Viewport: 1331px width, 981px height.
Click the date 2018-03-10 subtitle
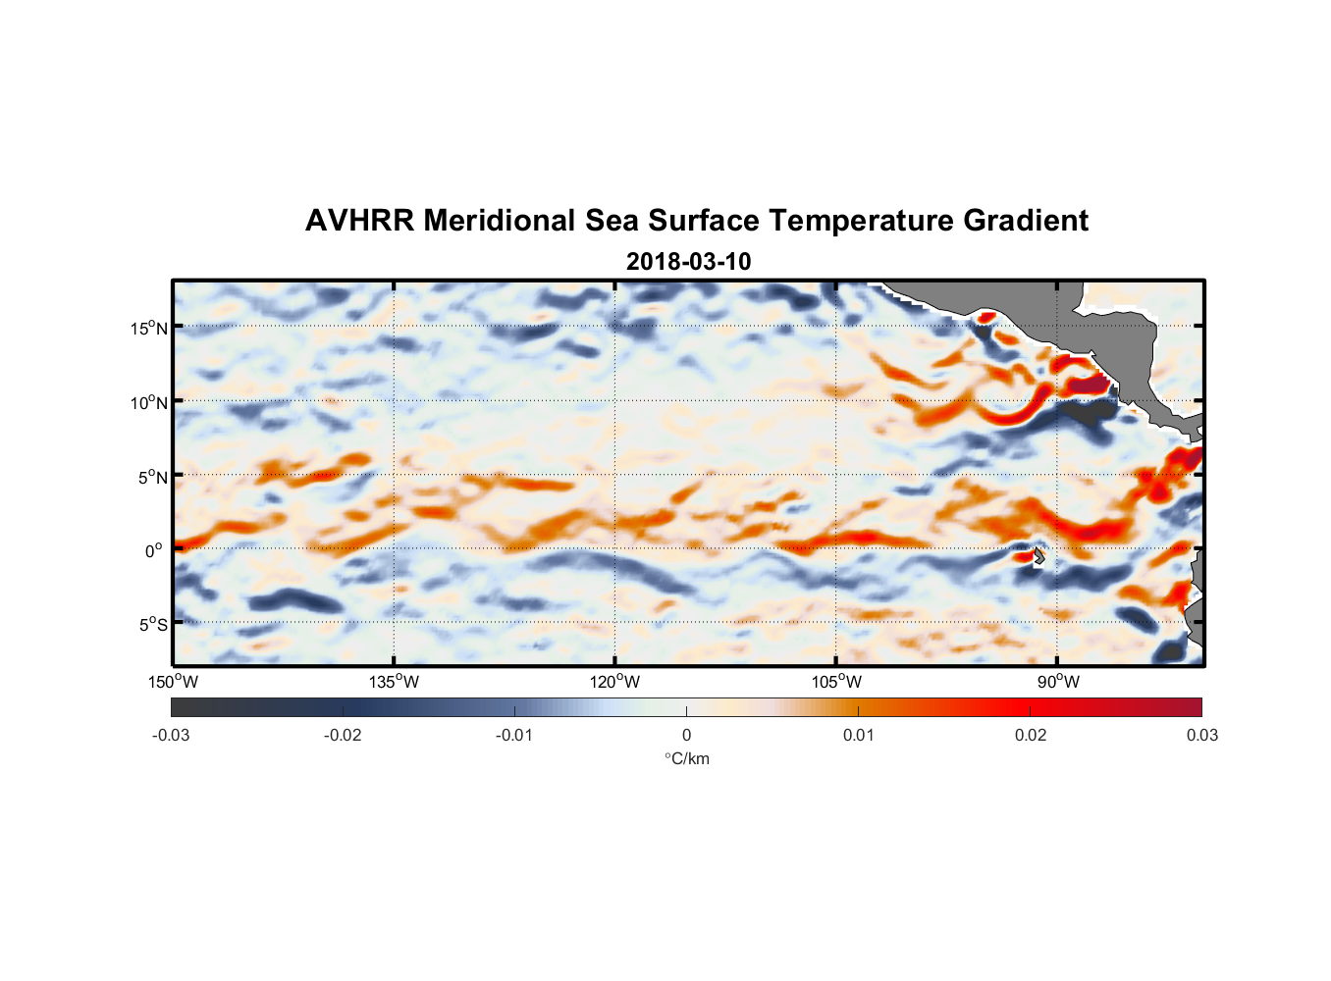[688, 262]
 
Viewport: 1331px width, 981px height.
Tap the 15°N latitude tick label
[149, 328]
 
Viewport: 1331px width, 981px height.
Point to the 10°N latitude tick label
[149, 402]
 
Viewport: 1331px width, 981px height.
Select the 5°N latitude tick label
[152, 477]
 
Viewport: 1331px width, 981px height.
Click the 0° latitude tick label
[154, 550]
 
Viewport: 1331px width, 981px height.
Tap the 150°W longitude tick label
[174, 682]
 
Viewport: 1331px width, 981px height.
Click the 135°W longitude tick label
[395, 682]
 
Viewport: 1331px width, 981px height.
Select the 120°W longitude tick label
[615, 682]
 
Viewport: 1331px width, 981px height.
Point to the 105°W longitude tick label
[836, 682]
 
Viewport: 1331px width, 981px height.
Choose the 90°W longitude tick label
[1058, 682]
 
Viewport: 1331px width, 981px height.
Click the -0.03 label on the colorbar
[171, 735]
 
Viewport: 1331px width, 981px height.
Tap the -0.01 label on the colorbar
[514, 735]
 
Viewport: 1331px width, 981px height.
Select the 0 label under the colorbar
[686, 735]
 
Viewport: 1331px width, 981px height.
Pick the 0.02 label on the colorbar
[1031, 735]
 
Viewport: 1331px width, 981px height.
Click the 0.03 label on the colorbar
[1201, 735]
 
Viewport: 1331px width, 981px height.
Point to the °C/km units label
[686, 758]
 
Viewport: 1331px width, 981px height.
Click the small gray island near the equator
[1038, 556]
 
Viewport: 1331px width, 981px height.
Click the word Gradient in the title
[1026, 221]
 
